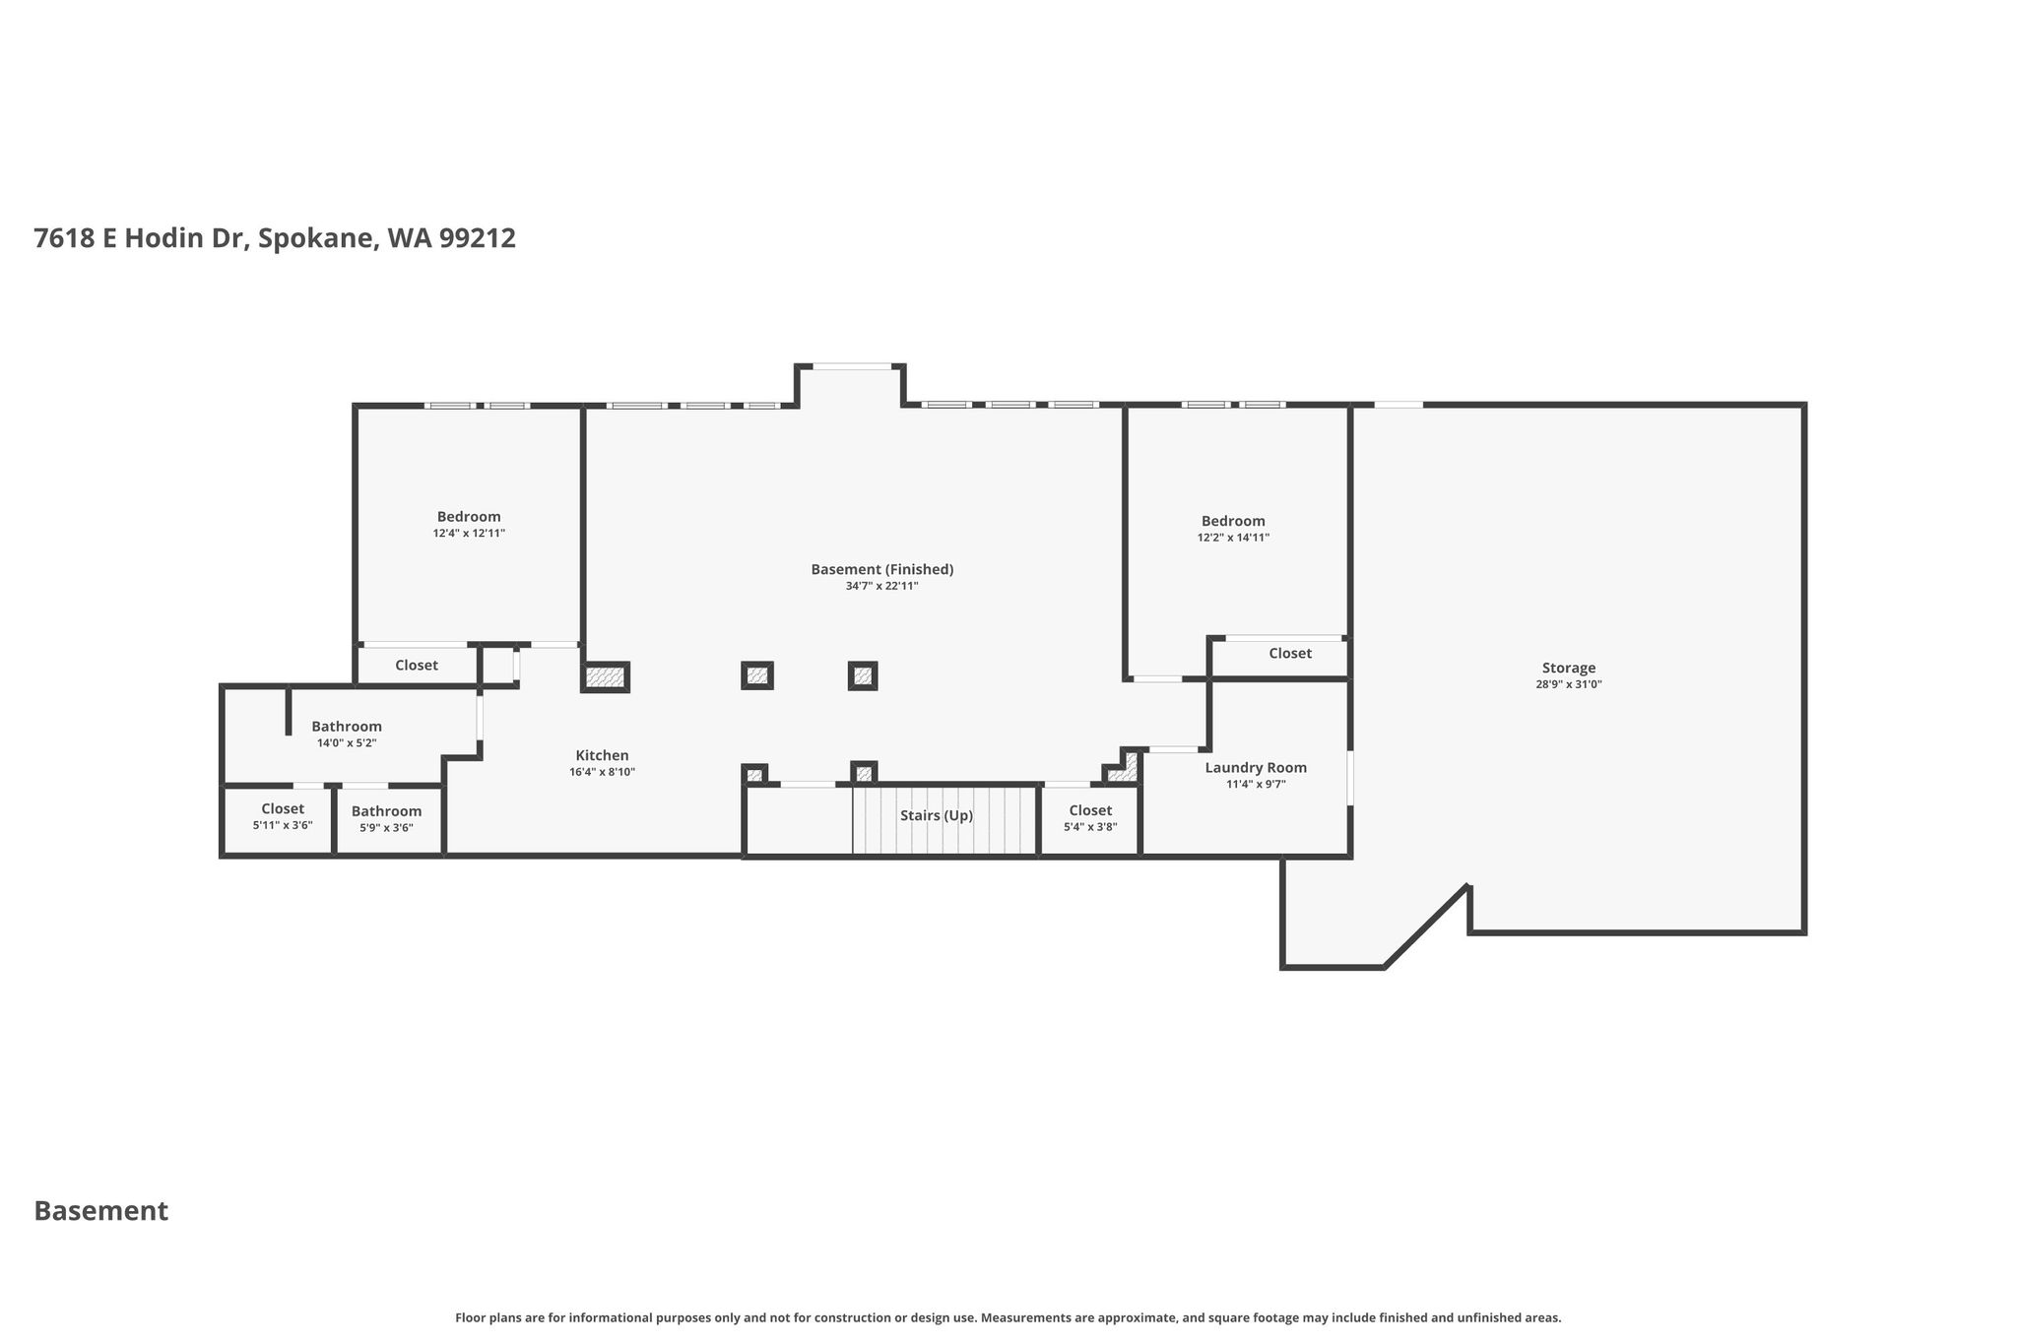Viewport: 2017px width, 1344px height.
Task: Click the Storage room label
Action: [1568, 668]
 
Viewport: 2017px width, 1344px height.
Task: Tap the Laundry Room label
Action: [1256, 768]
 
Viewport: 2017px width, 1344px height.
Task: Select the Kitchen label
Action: [602, 755]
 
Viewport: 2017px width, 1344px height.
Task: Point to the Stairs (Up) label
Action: [936, 815]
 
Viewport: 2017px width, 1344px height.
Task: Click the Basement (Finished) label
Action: [881, 569]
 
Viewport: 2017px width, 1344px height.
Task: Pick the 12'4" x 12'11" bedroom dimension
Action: [469, 533]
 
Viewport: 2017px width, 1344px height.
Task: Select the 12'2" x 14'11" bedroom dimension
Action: [1233, 538]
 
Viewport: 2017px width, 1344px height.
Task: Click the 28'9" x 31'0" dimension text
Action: [1568, 684]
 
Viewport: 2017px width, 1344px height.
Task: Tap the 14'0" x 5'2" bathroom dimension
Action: [347, 743]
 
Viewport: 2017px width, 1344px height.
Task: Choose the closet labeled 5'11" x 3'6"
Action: [283, 816]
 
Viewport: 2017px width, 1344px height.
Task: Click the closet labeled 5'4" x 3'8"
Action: [1090, 818]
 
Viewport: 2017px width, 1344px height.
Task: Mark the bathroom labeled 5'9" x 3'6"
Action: [386, 819]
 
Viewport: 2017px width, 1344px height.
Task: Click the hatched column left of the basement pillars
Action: [605, 676]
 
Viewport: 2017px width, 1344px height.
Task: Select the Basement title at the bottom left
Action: [101, 1211]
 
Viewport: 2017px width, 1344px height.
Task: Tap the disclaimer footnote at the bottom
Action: [1008, 1317]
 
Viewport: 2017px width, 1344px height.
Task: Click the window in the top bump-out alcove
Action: [852, 366]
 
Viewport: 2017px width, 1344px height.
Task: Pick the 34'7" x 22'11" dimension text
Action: [881, 586]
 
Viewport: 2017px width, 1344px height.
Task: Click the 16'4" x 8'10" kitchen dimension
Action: [602, 772]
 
